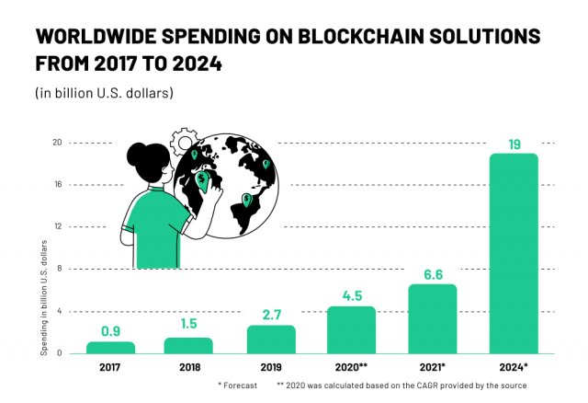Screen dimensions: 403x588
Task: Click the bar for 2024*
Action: click(513, 253)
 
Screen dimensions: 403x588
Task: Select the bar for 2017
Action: click(110, 348)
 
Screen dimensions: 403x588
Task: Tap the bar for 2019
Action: click(271, 340)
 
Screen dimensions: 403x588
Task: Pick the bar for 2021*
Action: click(433, 318)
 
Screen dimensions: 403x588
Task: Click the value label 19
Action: click(514, 144)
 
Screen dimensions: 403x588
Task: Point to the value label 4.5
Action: click(352, 295)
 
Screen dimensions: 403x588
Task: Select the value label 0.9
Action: click(110, 332)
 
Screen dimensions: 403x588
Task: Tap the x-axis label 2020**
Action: click(352, 366)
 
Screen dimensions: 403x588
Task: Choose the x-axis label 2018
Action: click(188, 366)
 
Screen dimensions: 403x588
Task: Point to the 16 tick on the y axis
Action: click(57, 184)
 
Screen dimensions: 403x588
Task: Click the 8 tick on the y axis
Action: click(59, 269)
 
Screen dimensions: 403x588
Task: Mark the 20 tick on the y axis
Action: click(57, 143)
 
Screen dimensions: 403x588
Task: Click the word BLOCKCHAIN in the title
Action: click(345, 38)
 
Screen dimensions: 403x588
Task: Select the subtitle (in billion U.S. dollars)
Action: click(104, 93)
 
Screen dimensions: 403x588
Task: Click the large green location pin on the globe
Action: click(202, 179)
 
